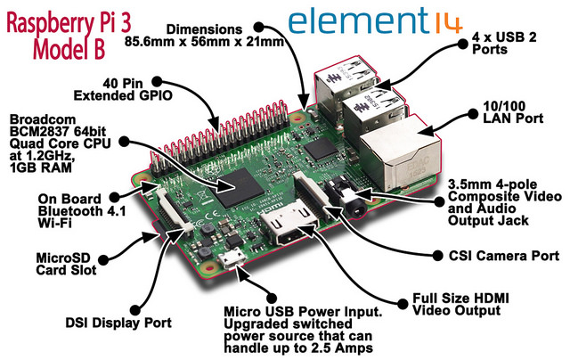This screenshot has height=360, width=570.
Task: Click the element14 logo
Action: point(375,21)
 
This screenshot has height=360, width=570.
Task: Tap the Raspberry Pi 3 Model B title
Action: point(69,36)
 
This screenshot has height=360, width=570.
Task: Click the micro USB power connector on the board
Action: point(232,259)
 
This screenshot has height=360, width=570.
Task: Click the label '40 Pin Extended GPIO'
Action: point(123,89)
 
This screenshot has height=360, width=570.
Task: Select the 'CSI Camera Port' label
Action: point(504,256)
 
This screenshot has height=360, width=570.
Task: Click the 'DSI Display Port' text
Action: point(118,323)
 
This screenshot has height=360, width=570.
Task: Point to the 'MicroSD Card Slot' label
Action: point(66,264)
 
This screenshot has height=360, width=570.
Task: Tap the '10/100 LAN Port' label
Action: point(513,112)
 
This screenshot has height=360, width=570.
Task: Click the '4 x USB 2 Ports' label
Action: point(504,43)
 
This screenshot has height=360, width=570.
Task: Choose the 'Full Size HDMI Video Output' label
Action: point(460,305)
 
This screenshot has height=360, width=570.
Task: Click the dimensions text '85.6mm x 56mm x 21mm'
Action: point(204,42)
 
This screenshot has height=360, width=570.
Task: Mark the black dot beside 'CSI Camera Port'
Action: point(438,256)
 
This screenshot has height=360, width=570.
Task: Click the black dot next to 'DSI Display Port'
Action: point(134,310)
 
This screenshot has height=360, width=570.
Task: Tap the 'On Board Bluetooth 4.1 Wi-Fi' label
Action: point(82,211)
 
